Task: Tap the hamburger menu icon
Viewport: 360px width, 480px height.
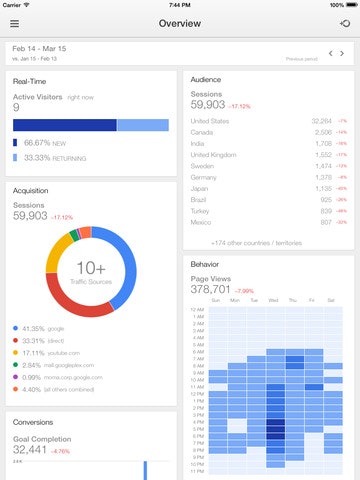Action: click(14, 22)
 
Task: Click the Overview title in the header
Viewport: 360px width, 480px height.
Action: click(179, 22)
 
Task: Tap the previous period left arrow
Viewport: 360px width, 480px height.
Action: click(330, 52)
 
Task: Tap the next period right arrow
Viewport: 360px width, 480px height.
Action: click(343, 52)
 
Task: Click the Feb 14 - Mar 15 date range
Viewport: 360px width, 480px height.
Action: click(40, 47)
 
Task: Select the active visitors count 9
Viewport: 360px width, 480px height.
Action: click(16, 108)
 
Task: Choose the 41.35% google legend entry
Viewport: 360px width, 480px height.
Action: click(44, 328)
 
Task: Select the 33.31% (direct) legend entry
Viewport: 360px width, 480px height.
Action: click(44, 340)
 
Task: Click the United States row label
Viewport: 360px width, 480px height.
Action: click(209, 120)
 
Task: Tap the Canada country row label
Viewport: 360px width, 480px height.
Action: click(202, 131)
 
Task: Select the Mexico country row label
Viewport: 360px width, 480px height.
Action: click(202, 222)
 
